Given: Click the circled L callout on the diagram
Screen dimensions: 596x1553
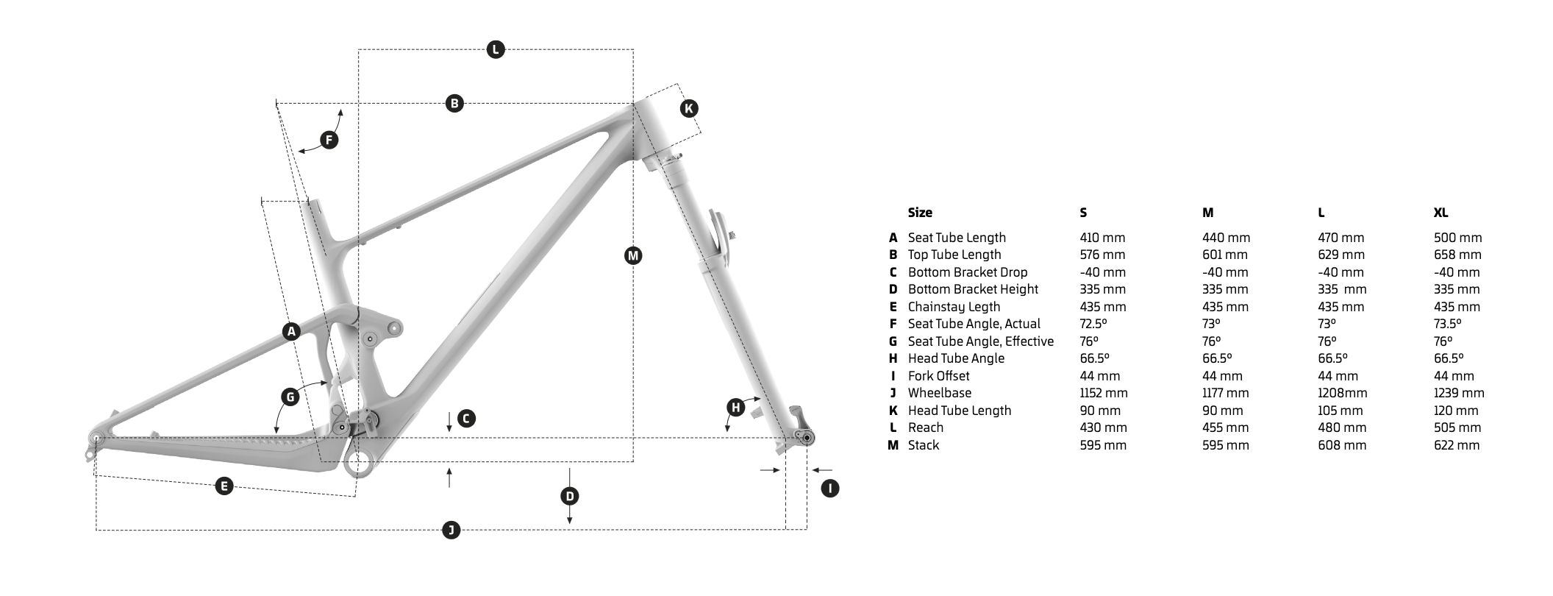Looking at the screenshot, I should [x=496, y=49].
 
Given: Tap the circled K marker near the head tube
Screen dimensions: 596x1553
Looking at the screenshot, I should [x=688, y=109].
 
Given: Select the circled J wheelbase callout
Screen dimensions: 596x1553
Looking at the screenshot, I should [x=451, y=530].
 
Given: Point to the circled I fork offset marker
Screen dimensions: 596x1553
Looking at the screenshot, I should [x=829, y=488].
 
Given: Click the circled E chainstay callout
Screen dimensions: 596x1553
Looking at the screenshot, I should [x=224, y=486].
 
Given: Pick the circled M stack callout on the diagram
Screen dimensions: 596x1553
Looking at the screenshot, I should [x=632, y=255].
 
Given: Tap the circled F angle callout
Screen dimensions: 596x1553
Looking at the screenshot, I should [x=329, y=140].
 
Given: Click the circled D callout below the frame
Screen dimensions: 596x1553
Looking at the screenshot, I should [x=570, y=496].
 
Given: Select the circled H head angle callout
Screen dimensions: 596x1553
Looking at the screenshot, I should [x=735, y=408].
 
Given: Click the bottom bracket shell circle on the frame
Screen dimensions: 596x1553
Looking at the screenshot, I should [x=358, y=464].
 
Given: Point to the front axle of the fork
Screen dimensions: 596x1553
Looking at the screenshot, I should [x=807, y=439].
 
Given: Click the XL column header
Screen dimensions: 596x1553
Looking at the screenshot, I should [x=1440, y=213].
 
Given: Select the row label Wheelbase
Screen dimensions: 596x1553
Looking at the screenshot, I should [x=939, y=393].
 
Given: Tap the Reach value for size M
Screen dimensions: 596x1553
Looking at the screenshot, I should [x=1225, y=428].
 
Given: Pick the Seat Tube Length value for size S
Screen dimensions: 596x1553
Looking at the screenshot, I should [x=1102, y=238].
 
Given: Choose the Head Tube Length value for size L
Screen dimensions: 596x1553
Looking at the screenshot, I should [x=1340, y=411].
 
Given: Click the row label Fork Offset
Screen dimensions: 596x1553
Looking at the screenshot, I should [x=938, y=376].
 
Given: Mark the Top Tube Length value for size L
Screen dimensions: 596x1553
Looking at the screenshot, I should [x=1340, y=255].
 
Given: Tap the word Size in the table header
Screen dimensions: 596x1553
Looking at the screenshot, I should [x=920, y=213].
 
